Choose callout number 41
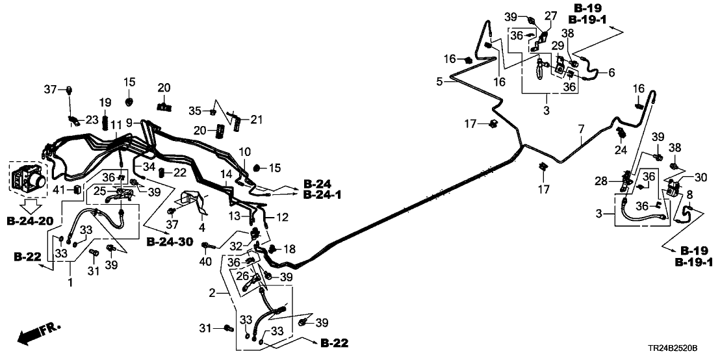[58, 190]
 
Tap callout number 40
[207, 262]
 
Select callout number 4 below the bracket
[201, 228]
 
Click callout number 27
[550, 15]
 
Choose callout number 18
[290, 249]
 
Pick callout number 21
[255, 119]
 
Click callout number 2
[211, 294]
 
